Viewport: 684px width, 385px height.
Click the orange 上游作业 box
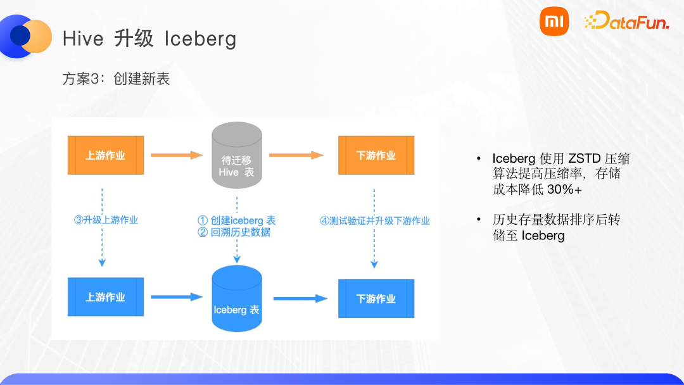pos(106,155)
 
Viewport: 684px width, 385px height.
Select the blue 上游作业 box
pos(106,297)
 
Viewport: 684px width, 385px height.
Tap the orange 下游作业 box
pos(376,155)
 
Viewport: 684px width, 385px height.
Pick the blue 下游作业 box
pos(376,298)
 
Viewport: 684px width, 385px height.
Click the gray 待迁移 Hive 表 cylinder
pos(237,158)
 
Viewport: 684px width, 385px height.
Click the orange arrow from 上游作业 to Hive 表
pos(176,155)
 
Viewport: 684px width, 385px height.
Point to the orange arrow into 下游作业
pos(296,155)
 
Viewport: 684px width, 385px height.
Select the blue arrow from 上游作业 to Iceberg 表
pos(176,297)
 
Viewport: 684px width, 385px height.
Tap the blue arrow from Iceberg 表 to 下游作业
pos(300,298)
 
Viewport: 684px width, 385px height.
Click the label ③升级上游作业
pos(106,220)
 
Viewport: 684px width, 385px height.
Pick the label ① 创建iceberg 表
pos(237,220)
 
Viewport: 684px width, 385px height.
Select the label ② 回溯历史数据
pos(234,232)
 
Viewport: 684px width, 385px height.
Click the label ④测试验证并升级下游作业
pos(375,221)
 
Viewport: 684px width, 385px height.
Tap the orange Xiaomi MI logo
pos(554,22)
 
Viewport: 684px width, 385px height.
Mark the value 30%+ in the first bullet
pos(564,189)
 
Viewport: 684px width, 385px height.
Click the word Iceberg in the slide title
pos(200,39)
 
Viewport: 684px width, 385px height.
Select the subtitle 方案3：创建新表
pos(116,79)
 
